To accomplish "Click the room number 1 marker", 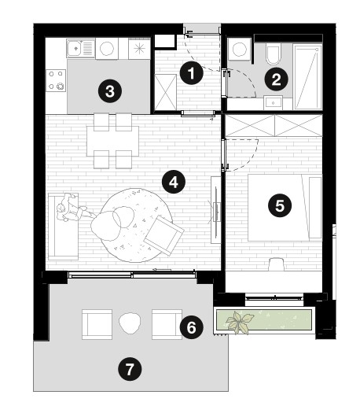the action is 191,72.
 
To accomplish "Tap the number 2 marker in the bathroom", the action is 277,79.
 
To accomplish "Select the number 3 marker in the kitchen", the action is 110,91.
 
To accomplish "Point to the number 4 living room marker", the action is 174,182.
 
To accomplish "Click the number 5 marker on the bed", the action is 280,205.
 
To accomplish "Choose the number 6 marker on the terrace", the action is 191,327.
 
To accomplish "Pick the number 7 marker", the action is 130,369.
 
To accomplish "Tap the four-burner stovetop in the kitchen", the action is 56,80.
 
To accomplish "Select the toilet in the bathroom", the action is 274,54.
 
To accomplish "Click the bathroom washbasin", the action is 273,102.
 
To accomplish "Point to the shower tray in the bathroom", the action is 307,77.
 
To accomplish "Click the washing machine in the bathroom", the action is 240,49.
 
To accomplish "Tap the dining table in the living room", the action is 112,141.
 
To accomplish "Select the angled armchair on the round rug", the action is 164,235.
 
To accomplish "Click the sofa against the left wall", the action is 63,227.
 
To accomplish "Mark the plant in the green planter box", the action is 240,322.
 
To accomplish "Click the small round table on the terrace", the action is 130,323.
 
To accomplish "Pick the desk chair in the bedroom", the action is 277,264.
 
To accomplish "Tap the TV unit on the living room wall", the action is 215,209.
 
